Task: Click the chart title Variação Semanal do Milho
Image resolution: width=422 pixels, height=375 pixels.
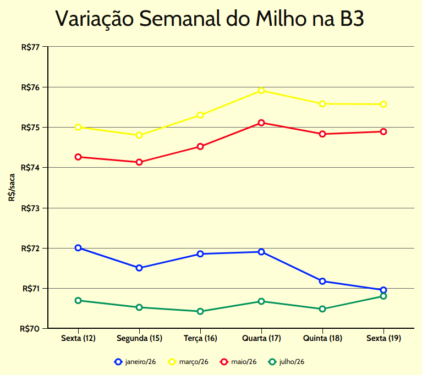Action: (210, 19)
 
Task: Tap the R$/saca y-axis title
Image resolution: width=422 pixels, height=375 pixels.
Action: (12, 187)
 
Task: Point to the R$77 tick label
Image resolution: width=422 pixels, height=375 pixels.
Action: (30, 47)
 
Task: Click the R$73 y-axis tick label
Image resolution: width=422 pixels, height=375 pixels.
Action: (30, 208)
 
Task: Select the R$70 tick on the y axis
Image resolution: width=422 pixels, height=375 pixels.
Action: (30, 329)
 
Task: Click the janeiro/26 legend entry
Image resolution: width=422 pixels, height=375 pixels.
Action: (135, 362)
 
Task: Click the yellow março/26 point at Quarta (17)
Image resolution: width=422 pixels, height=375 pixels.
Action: (261, 91)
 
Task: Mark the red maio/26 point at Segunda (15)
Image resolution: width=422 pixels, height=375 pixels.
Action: (139, 162)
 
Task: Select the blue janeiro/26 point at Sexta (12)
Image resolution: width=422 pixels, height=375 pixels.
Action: (78, 248)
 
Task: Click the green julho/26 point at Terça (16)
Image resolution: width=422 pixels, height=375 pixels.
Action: (200, 311)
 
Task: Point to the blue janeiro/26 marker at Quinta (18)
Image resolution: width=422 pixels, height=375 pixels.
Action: (322, 281)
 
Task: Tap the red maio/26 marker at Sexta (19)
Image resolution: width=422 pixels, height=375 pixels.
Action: (383, 131)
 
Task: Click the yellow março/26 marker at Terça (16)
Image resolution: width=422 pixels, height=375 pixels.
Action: (200, 115)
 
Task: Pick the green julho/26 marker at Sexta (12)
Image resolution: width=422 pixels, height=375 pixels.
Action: (78, 301)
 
